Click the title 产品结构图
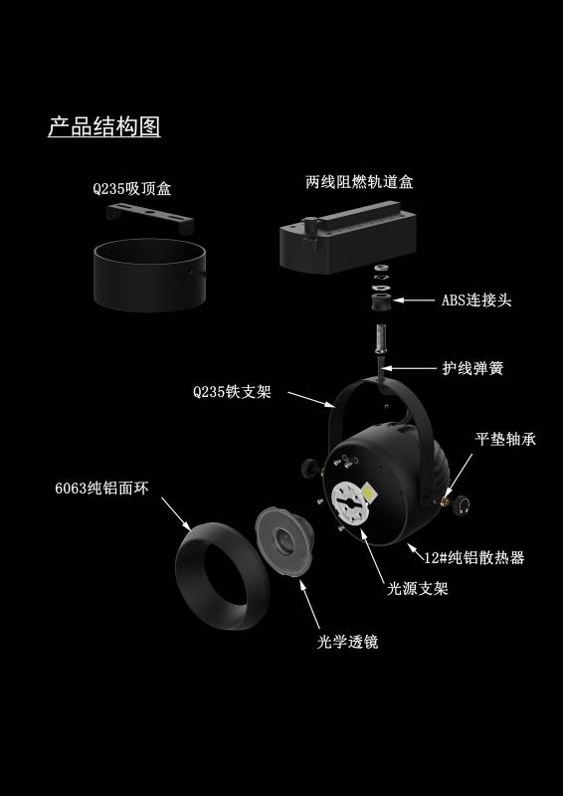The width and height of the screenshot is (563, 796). point(104,126)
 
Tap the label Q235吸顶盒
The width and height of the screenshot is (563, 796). point(132,189)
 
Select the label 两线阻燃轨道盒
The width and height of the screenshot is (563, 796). point(359,182)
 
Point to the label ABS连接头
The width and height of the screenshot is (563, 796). point(476,300)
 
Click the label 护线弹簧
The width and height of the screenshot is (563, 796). point(472,368)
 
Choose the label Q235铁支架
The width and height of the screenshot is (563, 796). point(232,392)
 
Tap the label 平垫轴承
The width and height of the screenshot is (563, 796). point(505,439)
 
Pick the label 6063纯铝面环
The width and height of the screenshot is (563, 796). point(102,489)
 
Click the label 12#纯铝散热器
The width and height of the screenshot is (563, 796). point(474,557)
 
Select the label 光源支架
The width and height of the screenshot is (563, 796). point(418,588)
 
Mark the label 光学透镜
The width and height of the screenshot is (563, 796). point(348,642)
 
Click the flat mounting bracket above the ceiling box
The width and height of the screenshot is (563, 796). point(150,217)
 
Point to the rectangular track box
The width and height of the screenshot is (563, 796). point(348,238)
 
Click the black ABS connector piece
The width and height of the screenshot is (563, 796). point(381,301)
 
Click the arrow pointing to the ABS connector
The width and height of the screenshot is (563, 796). point(414,300)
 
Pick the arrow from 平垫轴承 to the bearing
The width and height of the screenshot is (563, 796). point(459,477)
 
